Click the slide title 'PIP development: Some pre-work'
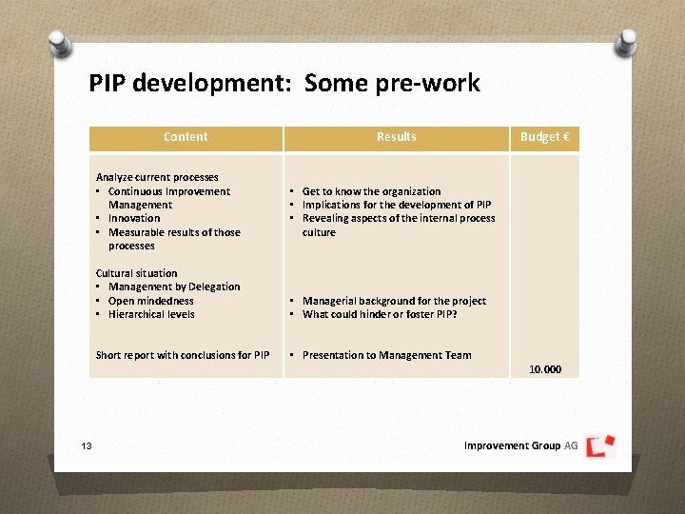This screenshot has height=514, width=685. [284, 83]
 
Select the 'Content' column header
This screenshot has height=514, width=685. [186, 137]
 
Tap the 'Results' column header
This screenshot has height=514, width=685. [396, 137]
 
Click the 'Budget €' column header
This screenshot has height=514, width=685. [544, 137]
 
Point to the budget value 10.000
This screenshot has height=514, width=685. [545, 369]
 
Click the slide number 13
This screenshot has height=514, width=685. [85, 445]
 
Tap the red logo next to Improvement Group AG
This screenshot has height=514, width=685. [600, 445]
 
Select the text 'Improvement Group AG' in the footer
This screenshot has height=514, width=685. [520, 445]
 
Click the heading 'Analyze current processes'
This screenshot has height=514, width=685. [157, 177]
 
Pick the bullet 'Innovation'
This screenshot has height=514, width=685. [134, 218]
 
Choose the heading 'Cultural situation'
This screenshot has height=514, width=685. [136, 273]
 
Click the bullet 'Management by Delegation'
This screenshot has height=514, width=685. [174, 287]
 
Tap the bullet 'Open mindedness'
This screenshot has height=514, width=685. [151, 301]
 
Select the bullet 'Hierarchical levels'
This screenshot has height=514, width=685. [151, 314]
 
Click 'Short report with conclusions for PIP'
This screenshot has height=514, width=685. [183, 355]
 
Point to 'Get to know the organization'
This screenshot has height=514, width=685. [371, 191]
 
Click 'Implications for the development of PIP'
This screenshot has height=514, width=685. [396, 205]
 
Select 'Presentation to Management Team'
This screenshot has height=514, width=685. [386, 355]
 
